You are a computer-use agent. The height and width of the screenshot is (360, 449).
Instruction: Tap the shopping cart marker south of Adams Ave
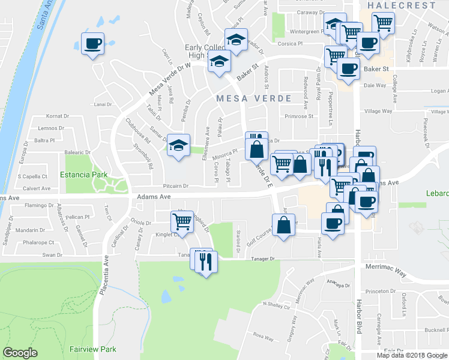[x=182, y=221]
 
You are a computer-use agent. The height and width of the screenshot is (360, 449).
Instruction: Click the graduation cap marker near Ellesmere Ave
[x=178, y=146]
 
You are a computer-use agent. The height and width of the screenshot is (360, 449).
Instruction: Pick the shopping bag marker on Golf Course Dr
[x=285, y=226]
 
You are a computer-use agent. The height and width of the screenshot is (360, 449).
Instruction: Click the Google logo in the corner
[x=20, y=353]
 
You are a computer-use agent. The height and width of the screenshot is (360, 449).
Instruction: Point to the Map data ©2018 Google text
[x=411, y=355]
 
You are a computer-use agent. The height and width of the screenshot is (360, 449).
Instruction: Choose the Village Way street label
[x=378, y=111]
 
